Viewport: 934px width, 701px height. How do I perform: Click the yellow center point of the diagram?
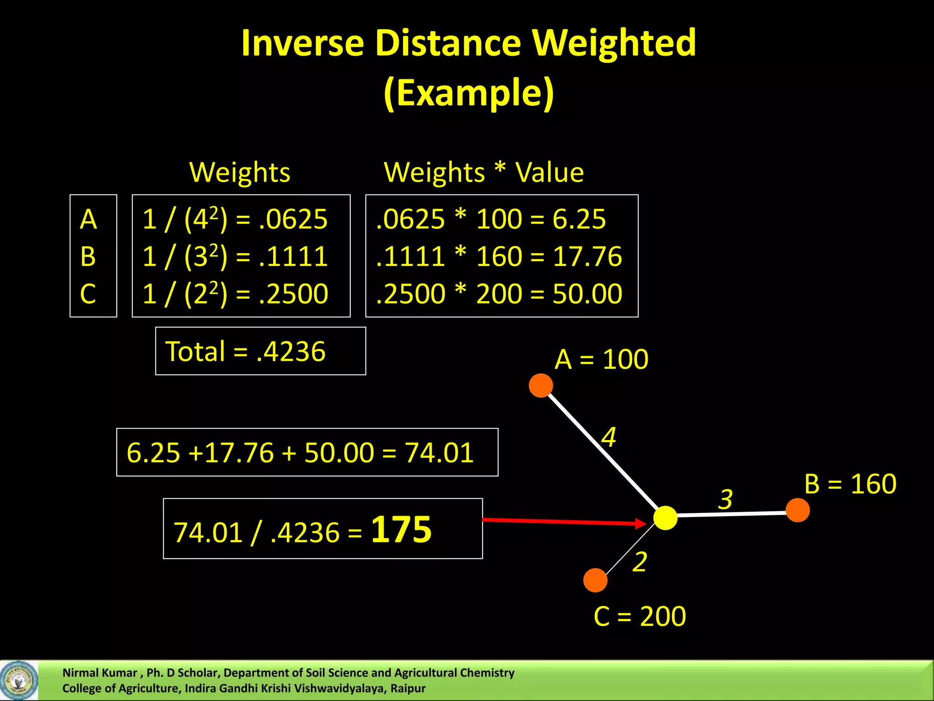click(x=665, y=518)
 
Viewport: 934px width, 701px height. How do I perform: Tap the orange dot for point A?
click(x=541, y=386)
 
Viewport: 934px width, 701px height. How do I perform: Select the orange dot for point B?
click(x=798, y=510)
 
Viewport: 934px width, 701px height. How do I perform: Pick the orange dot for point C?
click(x=595, y=580)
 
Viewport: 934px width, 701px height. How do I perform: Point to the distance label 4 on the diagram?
click(x=608, y=437)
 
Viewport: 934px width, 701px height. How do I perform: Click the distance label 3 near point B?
click(x=726, y=499)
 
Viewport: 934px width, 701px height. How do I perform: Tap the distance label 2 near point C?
click(x=640, y=561)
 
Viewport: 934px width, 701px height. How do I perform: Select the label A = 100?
click(x=602, y=359)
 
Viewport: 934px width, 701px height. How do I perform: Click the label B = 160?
click(x=851, y=484)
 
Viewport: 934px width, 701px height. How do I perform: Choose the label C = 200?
click(x=640, y=617)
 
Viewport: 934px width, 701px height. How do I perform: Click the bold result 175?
click(x=401, y=529)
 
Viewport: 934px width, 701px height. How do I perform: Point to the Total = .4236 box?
click(x=260, y=351)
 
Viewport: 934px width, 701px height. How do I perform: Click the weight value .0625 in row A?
click(x=293, y=219)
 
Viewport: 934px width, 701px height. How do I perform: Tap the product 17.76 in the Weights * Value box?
click(x=587, y=256)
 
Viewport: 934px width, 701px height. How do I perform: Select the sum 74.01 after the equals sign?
click(x=440, y=453)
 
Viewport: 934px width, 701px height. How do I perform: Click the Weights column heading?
click(x=240, y=173)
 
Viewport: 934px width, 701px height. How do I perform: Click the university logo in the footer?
click(x=19, y=680)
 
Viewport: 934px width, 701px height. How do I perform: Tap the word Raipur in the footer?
click(x=408, y=689)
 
